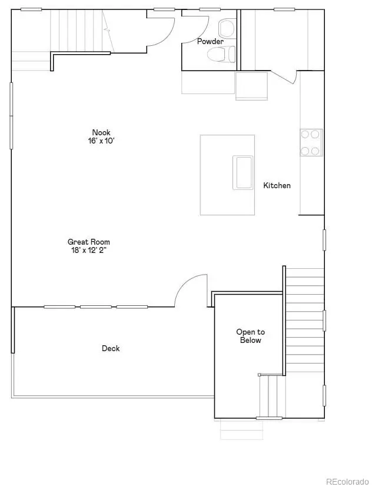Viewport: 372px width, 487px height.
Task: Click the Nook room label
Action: point(101,132)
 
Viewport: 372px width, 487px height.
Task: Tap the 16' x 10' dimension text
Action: point(101,141)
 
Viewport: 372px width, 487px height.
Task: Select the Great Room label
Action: point(89,242)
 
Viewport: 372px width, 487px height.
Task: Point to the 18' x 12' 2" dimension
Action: point(89,250)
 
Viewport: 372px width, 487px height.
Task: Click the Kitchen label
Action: point(277,185)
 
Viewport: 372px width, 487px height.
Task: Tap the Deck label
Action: point(111,348)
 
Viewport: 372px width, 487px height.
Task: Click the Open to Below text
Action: point(251,336)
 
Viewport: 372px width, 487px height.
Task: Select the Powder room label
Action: point(210,42)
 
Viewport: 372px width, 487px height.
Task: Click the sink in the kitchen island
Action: point(243,172)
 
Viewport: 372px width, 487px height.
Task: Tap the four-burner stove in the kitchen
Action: point(311,142)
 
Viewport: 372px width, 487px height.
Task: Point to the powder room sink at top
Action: point(226,28)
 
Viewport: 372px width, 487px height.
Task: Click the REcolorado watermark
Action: point(347,480)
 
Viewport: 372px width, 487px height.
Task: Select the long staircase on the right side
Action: point(305,321)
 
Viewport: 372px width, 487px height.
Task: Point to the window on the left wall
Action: point(11,115)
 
